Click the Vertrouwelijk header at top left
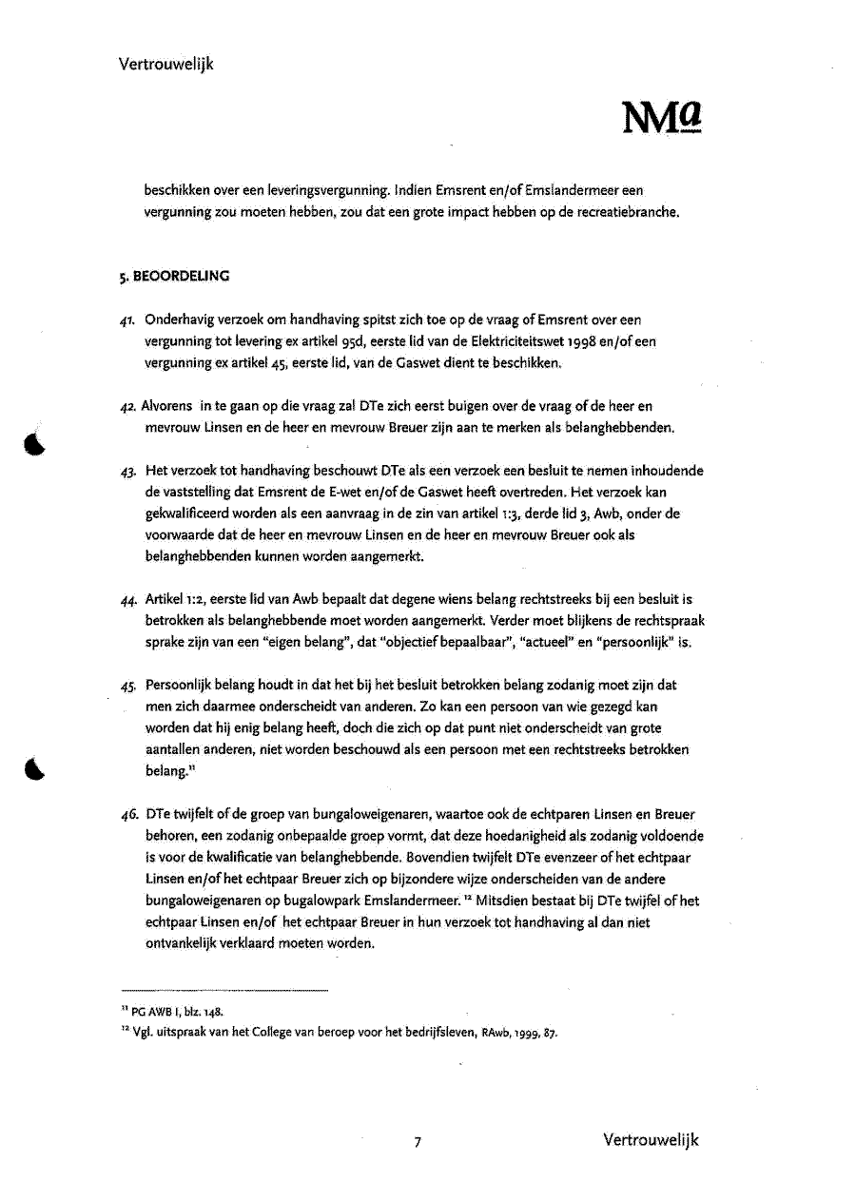(166, 64)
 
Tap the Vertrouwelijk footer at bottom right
(651, 1139)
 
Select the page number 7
(417, 1142)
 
